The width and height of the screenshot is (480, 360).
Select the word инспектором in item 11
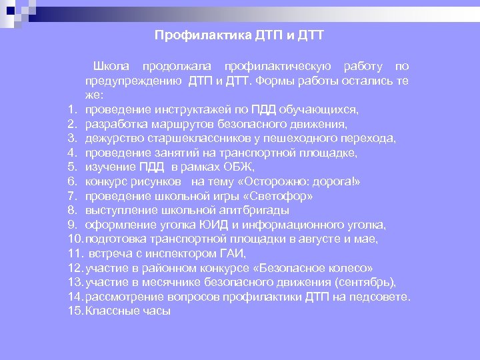[178, 253]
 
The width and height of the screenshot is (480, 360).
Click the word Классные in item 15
[109, 311]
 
